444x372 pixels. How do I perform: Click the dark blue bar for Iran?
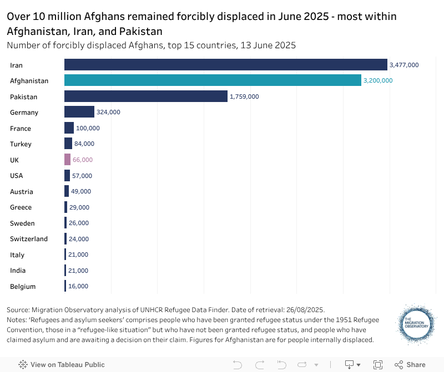click(x=225, y=65)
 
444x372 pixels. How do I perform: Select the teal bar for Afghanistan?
click(x=213, y=80)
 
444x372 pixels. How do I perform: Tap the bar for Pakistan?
click(x=146, y=96)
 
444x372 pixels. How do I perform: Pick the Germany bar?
click(x=79, y=112)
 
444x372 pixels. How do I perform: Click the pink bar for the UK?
click(x=67, y=160)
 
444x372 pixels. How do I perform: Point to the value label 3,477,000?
click(x=404, y=65)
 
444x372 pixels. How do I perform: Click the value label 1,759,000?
click(x=244, y=96)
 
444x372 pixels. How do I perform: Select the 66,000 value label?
click(x=83, y=160)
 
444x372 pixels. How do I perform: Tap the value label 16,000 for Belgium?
click(x=78, y=286)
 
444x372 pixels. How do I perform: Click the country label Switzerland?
click(x=29, y=239)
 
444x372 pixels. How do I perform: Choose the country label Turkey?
click(x=21, y=144)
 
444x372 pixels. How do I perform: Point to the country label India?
click(x=18, y=271)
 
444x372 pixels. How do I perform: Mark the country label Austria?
click(x=22, y=192)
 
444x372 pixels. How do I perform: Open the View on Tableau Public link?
click(x=62, y=365)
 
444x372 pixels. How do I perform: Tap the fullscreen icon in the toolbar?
click(x=378, y=365)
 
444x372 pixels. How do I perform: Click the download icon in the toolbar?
click(x=350, y=365)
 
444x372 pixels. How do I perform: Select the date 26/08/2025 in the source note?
click(x=305, y=309)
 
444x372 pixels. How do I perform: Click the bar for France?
click(x=69, y=128)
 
